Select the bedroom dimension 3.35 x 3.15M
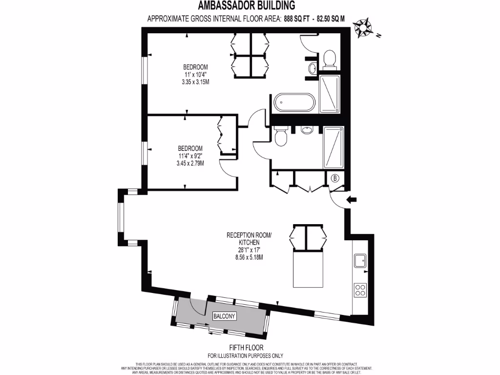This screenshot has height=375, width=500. [x=195, y=82]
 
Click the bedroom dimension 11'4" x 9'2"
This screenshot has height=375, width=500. [x=190, y=156]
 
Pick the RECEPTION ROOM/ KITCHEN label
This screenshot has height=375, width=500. [x=249, y=238]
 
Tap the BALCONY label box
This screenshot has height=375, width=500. [x=224, y=316]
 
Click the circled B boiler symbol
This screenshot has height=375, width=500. [x=335, y=179]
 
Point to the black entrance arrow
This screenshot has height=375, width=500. [x=352, y=199]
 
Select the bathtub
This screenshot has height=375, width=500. [x=294, y=103]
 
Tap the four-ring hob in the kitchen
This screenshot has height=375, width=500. [x=360, y=290]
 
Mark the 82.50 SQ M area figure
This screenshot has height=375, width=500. [x=331, y=19]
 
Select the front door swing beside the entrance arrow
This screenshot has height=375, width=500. [x=338, y=199]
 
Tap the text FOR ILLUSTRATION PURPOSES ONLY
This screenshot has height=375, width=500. [x=245, y=355]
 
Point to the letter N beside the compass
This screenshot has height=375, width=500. [x=378, y=36]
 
